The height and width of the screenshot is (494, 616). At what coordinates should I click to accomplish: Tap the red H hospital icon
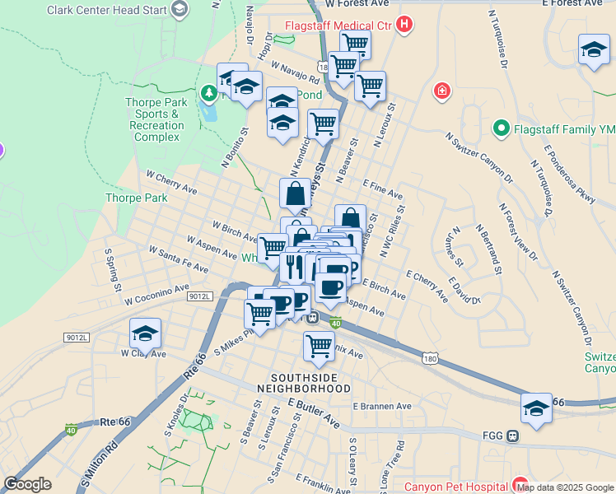coord(404,25)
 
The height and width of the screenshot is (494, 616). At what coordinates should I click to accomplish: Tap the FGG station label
coord(494,436)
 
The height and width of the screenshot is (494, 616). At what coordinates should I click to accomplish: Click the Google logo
coord(27,485)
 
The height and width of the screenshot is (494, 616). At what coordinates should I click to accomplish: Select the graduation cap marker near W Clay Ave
coord(145,334)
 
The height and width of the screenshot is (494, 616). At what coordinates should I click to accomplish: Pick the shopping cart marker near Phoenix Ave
coord(319,346)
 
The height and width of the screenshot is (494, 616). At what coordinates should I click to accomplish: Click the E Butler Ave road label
coord(314,413)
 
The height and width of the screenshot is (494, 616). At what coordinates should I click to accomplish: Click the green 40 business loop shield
coord(335,324)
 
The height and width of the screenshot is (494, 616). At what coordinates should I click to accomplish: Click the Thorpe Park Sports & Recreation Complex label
coord(156,119)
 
